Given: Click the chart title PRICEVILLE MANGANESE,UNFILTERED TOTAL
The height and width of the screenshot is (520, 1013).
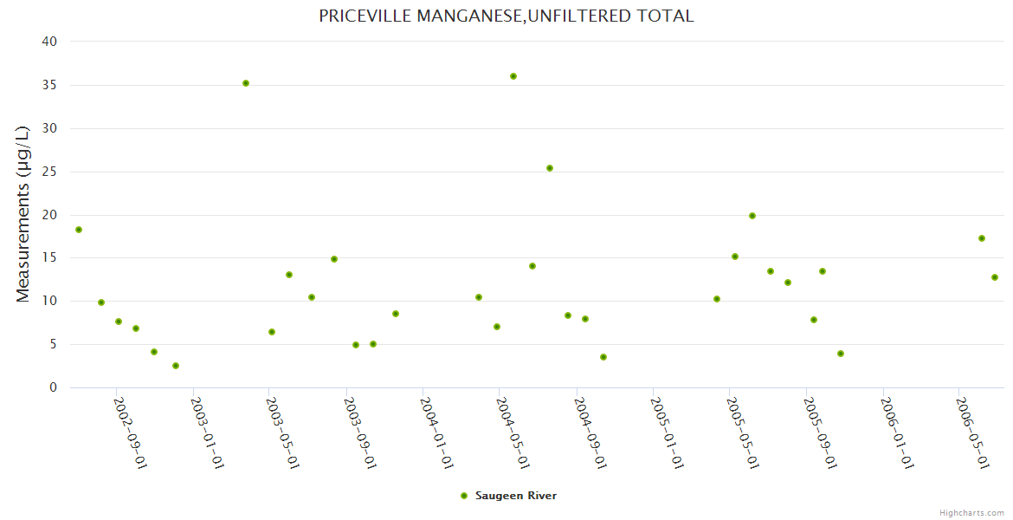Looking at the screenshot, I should (506, 16).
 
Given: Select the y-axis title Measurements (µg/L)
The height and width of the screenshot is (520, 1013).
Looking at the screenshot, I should (23, 214).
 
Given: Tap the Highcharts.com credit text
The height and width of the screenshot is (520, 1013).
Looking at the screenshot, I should (971, 512).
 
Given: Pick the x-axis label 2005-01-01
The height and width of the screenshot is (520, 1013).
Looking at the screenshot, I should (668, 432).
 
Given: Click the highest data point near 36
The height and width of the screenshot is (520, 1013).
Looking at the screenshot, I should (513, 76).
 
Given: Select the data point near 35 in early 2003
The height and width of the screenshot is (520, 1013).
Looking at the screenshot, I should (246, 83).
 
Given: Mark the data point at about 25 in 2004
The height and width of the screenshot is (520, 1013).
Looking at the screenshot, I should (550, 168).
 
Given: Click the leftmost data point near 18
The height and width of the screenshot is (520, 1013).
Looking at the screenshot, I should (79, 230).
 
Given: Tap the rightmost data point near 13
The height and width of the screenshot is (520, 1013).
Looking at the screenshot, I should (995, 277).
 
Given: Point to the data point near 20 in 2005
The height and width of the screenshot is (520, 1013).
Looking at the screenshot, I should (752, 216).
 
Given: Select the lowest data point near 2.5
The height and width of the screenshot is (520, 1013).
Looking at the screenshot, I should (176, 366).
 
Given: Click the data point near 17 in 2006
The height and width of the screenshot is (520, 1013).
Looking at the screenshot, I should (982, 238).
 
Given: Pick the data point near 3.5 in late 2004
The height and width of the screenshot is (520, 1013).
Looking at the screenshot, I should (603, 357).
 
